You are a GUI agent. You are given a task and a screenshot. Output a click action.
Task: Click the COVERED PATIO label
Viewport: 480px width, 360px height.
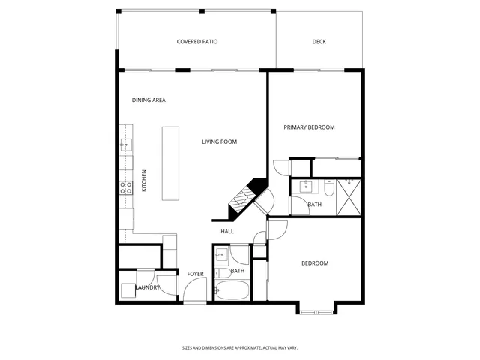pyautogui.click(x=197, y=42)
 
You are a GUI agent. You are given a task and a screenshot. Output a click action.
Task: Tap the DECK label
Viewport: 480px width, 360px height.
pyautogui.click(x=319, y=42)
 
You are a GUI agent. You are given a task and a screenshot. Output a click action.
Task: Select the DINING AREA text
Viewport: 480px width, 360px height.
pyautogui.click(x=148, y=100)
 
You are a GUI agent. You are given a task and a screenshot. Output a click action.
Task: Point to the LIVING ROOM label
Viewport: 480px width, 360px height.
pyautogui.click(x=220, y=142)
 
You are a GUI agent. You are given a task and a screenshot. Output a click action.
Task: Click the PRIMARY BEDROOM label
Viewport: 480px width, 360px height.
pyautogui.click(x=309, y=127)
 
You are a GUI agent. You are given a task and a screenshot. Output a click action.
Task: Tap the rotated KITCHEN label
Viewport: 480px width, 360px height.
pyautogui.click(x=144, y=181)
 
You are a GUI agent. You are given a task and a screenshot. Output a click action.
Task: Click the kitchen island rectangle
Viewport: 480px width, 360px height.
pyautogui.click(x=172, y=163)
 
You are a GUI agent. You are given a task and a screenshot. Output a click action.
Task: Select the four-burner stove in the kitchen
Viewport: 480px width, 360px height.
pyautogui.click(x=125, y=187)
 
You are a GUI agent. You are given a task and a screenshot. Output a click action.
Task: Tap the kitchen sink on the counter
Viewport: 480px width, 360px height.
pyautogui.click(x=125, y=145)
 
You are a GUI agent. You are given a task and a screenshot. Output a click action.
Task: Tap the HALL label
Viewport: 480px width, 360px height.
pyautogui.click(x=227, y=232)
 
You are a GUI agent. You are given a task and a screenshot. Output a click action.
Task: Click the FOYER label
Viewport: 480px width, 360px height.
pyautogui.click(x=195, y=274)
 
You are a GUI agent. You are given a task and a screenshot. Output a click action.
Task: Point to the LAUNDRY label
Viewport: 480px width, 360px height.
pyautogui.click(x=148, y=287)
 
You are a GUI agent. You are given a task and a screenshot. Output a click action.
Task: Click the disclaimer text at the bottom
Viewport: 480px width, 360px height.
pyautogui.click(x=240, y=347)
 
